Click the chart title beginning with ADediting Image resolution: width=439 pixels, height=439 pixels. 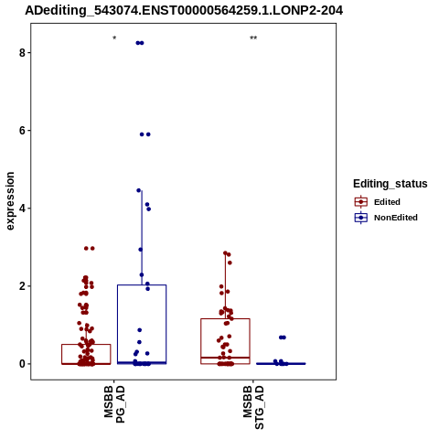tap(184, 10)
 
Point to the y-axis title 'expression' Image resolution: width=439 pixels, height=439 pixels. tap(10, 201)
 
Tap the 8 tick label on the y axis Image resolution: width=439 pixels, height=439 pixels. tap(22, 53)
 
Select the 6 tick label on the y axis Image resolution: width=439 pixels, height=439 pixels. tap(22, 131)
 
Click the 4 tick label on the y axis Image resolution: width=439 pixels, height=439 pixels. tap(22, 209)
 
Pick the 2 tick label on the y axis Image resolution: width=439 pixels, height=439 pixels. tap(22, 286)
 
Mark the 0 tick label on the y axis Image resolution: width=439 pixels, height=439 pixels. tap(22, 364)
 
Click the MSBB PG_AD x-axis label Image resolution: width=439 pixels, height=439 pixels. tap(114, 404)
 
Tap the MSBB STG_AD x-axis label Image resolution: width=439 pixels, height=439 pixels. tap(253, 407)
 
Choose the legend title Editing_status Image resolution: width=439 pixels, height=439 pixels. tap(391, 184)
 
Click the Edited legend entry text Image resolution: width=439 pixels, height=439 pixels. tap(387, 202)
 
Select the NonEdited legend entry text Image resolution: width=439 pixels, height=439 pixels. tap(396, 218)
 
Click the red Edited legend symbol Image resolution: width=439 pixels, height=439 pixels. tap(361, 202)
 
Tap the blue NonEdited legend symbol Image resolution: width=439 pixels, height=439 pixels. tap(361, 218)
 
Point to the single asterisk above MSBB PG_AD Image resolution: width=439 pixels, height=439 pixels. tap(114, 38)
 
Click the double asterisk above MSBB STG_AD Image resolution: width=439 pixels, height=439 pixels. tap(253, 38)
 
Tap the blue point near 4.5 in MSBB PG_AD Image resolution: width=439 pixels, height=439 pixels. tap(139, 190)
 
